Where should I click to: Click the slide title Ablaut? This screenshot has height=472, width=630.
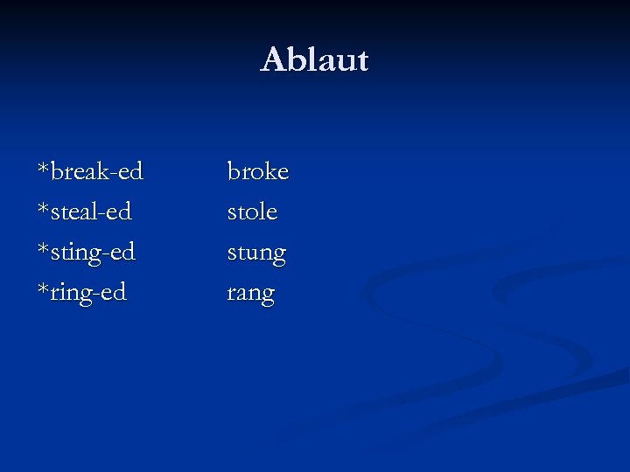pyautogui.click(x=315, y=60)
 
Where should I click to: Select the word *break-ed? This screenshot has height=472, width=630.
pyautogui.click(x=90, y=171)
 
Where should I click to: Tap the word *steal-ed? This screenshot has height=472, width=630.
pyautogui.click(x=84, y=212)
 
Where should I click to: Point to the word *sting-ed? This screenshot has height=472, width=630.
pyautogui.click(x=86, y=253)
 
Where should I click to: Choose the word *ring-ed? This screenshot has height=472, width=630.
pyautogui.click(x=81, y=293)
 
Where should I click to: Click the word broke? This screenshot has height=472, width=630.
pyautogui.click(x=257, y=171)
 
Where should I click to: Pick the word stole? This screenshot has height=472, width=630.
pyautogui.click(x=252, y=212)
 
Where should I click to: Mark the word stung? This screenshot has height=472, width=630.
pyautogui.click(x=256, y=253)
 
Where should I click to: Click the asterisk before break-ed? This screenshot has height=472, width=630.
pyautogui.click(x=43, y=166)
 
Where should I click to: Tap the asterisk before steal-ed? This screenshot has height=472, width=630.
pyautogui.click(x=43, y=206)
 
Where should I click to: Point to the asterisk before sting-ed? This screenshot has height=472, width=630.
pyautogui.click(x=43, y=247)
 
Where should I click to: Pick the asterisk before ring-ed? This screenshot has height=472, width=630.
pyautogui.click(x=43, y=288)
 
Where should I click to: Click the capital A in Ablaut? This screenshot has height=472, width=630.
pyautogui.click(x=273, y=60)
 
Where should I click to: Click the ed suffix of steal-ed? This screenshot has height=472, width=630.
pyautogui.click(x=120, y=212)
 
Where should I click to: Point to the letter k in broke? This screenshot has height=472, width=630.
pyautogui.click(x=269, y=170)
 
